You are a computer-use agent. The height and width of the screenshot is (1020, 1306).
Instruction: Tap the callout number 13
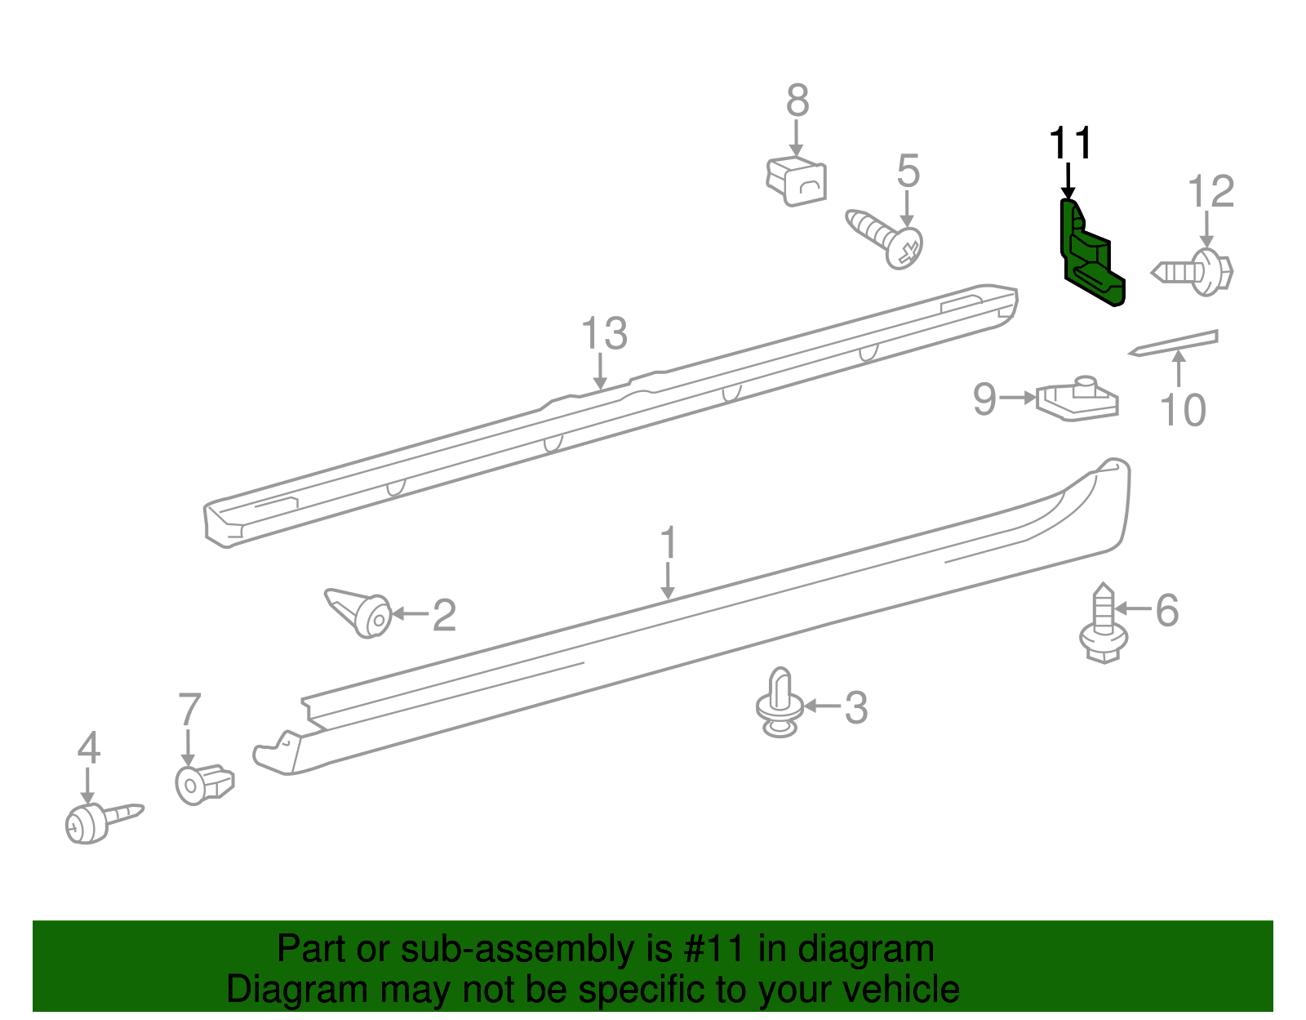pyautogui.click(x=604, y=334)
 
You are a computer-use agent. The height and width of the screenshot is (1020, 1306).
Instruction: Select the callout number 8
pyautogui.click(x=797, y=101)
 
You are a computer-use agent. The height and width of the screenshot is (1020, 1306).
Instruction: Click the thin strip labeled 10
pyautogui.click(x=1174, y=342)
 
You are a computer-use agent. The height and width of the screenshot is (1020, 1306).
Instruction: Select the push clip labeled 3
pyautogui.click(x=780, y=703)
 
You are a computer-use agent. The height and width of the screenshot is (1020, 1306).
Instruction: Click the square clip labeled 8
pyautogui.click(x=797, y=180)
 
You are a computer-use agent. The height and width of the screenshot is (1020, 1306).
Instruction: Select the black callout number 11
pyautogui.click(x=1070, y=145)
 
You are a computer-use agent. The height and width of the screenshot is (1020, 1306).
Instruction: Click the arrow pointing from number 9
pyautogui.click(x=1018, y=398)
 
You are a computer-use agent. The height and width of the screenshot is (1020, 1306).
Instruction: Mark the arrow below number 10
pyautogui.click(x=1179, y=368)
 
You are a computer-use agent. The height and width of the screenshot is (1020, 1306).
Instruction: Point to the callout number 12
pyautogui.click(x=1210, y=193)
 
